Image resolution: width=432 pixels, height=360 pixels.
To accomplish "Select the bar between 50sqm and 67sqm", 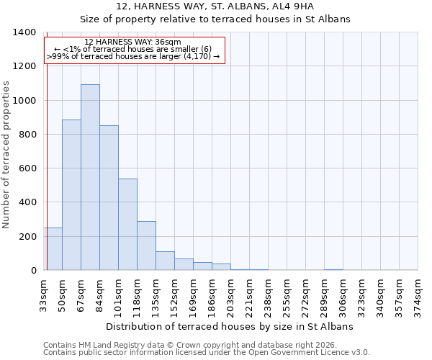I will coord(71,195).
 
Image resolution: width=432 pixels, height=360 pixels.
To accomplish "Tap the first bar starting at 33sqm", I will coord(53,249).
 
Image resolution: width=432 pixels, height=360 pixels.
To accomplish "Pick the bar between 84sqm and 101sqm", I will coord(109,198).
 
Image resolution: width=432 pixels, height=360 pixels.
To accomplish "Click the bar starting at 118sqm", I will coord(146,246).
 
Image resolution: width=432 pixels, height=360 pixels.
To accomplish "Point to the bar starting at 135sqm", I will coord(165,261).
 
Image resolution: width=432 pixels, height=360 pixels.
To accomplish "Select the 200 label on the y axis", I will coord(27,236).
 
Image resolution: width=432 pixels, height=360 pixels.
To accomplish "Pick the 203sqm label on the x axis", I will coord(230,295).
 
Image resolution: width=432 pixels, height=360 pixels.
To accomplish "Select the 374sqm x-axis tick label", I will coord(418,295).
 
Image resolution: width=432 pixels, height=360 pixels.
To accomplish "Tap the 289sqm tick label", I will coord(324,295).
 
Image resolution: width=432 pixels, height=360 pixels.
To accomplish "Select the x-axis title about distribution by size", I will coord(229,326).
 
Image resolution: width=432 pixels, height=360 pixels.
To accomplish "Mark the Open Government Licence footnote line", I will coord(207,352).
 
